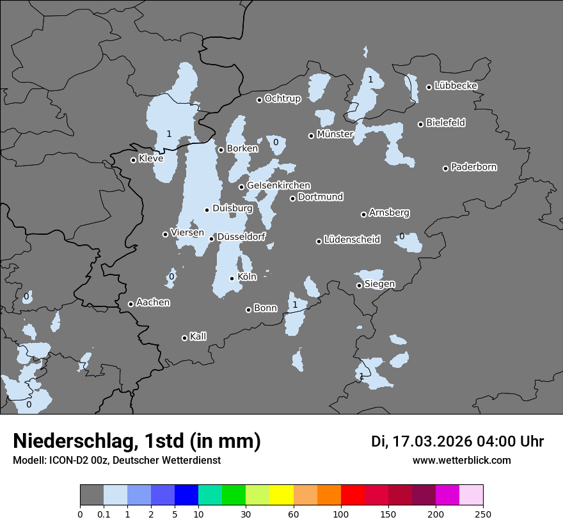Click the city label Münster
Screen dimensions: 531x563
click(x=335, y=134)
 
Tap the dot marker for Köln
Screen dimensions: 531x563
click(x=232, y=278)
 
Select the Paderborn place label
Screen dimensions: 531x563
click(x=474, y=167)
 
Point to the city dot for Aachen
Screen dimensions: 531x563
click(x=131, y=304)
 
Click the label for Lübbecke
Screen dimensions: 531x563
click(x=456, y=86)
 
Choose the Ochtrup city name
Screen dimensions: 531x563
click(x=283, y=99)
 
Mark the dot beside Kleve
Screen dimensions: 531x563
click(x=133, y=160)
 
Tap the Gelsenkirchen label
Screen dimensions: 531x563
click(x=278, y=186)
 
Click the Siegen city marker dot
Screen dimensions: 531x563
click(x=359, y=285)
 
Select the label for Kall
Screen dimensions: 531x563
click(x=198, y=337)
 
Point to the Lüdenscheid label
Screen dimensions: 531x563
click(x=353, y=240)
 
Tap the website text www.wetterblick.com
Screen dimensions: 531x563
click(x=462, y=461)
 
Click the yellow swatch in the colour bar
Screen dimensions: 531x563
click(x=281, y=495)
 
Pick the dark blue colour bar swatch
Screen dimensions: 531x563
click(x=186, y=495)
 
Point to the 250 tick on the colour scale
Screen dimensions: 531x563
click(x=483, y=514)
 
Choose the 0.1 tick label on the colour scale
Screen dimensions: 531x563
click(x=104, y=514)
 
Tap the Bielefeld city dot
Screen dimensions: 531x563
click(x=421, y=124)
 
